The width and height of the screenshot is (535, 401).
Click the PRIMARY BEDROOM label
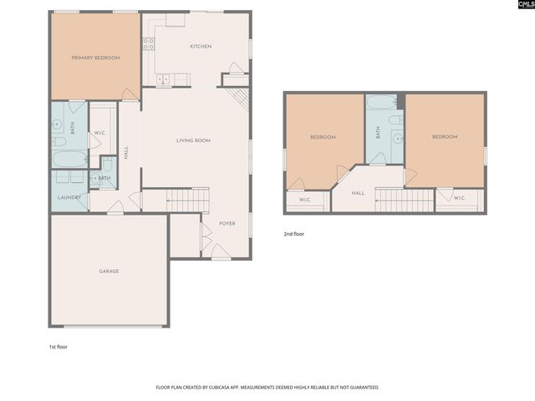click(95, 58)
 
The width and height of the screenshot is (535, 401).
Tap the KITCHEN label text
click(200, 46)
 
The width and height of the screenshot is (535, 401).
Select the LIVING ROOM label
click(193, 140)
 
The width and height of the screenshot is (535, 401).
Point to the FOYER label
click(227, 224)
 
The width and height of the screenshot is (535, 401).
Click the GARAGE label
click(109, 271)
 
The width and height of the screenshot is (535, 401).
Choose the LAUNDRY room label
click(69, 197)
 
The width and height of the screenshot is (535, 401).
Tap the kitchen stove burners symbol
click(148, 43)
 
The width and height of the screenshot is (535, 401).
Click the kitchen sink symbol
click(162, 79)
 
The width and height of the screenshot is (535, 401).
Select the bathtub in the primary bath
click(69, 159)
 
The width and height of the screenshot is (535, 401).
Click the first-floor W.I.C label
click(99, 132)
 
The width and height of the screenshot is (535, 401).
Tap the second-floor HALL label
click(358, 193)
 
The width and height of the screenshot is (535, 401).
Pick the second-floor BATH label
click(378, 132)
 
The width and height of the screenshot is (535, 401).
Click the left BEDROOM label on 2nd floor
click(323, 137)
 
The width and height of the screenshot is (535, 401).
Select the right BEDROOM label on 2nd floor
click(444, 137)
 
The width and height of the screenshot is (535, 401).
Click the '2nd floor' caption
click(294, 234)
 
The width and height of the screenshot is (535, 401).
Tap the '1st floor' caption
click(58, 346)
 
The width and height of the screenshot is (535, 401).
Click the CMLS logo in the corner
click(524, 7)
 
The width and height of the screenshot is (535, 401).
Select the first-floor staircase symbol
click(187, 200)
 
